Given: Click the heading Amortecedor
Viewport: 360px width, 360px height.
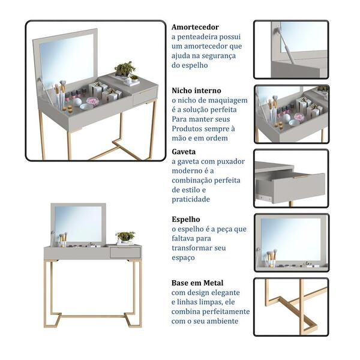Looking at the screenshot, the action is coord(195,27).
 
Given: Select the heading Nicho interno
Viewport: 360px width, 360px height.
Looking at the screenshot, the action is coord(196,91).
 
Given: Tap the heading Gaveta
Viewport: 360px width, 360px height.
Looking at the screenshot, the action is coord(184,152).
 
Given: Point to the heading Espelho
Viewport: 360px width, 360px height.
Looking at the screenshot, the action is coord(186,219).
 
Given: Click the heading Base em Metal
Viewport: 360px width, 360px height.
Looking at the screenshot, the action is coord(197,283).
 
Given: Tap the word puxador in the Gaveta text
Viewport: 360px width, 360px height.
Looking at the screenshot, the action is coord(230,161).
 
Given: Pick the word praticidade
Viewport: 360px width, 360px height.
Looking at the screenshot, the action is coord(191,199).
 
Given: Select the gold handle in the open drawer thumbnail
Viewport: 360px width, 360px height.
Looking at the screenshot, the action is coord(301,176).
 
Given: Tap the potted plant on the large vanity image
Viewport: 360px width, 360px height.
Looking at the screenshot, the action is coord(125,69).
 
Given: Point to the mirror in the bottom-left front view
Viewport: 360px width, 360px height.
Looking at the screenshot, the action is coord(78,223).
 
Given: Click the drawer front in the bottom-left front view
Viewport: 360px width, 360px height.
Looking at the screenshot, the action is coord(125,253).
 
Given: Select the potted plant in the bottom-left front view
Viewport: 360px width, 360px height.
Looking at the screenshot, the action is coord(125,236).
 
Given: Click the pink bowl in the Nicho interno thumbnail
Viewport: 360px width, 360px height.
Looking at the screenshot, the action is coord(299,117).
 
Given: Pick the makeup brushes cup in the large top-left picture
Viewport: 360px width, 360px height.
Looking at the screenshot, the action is coord(60,97).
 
